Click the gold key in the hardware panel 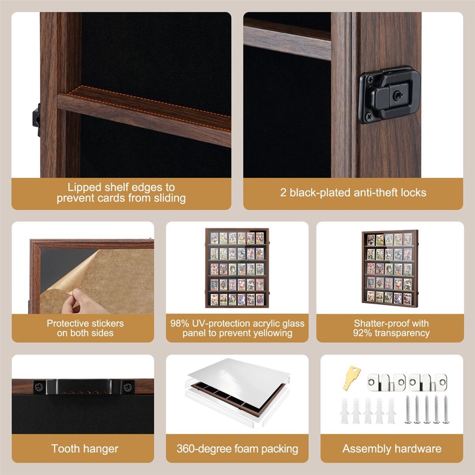[351, 377]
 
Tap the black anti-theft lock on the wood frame [390, 94]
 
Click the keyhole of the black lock [398, 96]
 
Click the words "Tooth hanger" [85, 449]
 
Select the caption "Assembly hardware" [392, 449]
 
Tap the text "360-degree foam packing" [237, 449]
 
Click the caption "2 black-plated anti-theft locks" [353, 193]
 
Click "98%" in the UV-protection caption [179, 323]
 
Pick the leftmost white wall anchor [345, 411]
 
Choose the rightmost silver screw [446, 409]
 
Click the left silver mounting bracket [386, 383]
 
